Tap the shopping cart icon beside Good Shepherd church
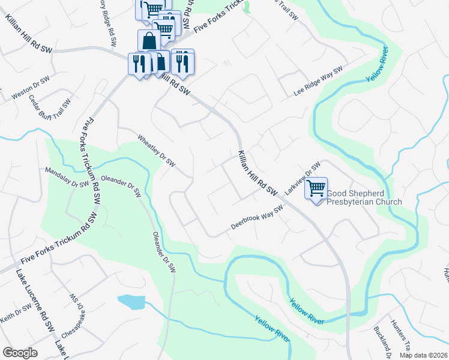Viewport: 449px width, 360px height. [316, 189]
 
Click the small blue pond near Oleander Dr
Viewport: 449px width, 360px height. [131, 302]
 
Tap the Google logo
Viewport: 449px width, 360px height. [20, 352]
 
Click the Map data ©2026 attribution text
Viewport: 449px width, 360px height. [423, 355]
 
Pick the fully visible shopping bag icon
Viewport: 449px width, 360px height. [149, 40]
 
